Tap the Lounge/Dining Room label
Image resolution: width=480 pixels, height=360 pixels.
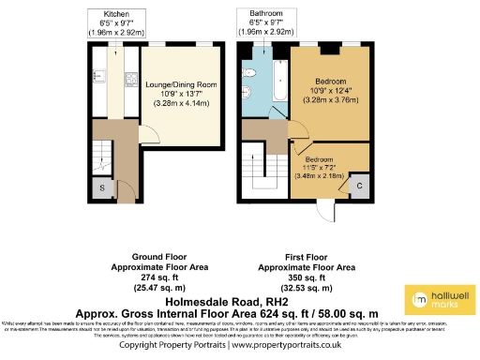click(181, 85)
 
